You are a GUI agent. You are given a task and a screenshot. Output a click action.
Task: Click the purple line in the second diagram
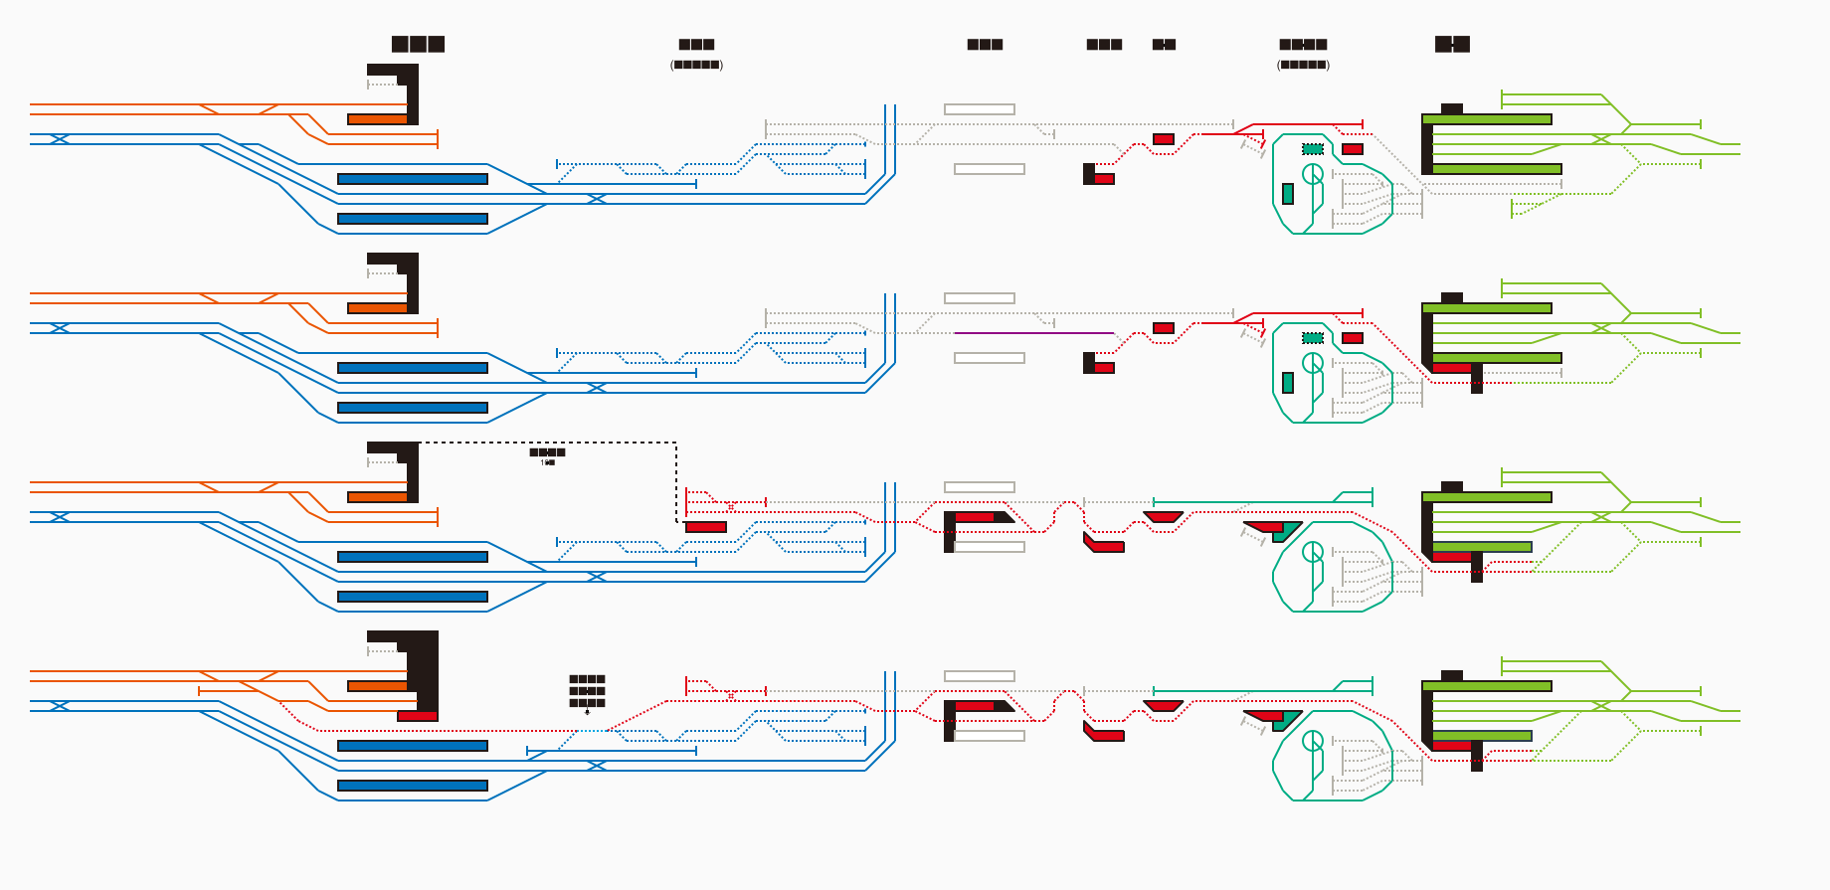pyautogui.click(x=1034, y=333)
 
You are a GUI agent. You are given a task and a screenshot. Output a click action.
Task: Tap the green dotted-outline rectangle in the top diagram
pyautogui.click(x=1313, y=149)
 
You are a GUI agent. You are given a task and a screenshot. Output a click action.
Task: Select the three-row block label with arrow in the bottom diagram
pyautogui.click(x=587, y=691)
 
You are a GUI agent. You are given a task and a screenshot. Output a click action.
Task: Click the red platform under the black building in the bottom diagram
pyautogui.click(x=418, y=716)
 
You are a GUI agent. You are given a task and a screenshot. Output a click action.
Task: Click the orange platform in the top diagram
pyautogui.click(x=377, y=119)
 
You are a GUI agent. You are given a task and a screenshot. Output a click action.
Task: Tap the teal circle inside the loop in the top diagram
pyautogui.click(x=1313, y=174)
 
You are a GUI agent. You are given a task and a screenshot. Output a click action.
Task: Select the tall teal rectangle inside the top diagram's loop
pyautogui.click(x=1288, y=194)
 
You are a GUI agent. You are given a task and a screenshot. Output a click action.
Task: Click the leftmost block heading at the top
pyautogui.click(x=418, y=44)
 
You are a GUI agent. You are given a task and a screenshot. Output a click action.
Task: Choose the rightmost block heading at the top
pyautogui.click(x=1452, y=44)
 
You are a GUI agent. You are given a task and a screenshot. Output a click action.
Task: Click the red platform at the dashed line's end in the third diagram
pyautogui.click(x=706, y=527)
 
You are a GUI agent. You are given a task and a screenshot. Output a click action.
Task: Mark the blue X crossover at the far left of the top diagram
pyautogui.click(x=60, y=139)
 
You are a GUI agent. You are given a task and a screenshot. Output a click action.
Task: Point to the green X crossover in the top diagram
pyautogui.click(x=1601, y=139)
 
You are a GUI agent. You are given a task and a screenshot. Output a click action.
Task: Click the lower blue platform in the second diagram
pyautogui.click(x=413, y=408)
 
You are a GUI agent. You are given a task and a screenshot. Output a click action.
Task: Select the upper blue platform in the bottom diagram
pyautogui.click(x=413, y=746)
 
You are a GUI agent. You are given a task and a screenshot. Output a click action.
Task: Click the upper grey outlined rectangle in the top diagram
pyautogui.click(x=980, y=109)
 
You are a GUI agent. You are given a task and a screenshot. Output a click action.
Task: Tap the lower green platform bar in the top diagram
pyautogui.click(x=1497, y=169)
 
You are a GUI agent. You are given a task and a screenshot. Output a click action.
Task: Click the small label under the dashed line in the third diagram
pyautogui.click(x=547, y=456)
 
